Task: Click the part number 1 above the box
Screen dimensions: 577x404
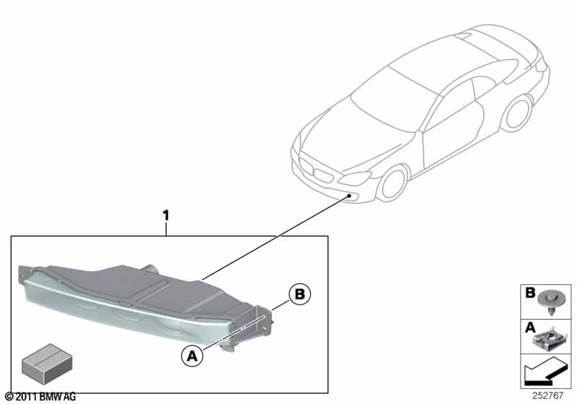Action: point(166,216)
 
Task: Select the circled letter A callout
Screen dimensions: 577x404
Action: point(192,356)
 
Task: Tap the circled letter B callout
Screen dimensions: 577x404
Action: point(299,294)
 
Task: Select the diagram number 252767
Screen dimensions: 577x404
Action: point(548,396)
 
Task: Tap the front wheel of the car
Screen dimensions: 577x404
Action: point(394,183)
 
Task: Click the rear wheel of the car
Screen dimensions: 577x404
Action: point(519,113)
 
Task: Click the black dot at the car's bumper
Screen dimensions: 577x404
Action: point(348,196)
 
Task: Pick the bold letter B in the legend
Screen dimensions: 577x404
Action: point(530,293)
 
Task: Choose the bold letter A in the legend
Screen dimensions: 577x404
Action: point(530,327)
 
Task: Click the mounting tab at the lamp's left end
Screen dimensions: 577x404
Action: point(23,273)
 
